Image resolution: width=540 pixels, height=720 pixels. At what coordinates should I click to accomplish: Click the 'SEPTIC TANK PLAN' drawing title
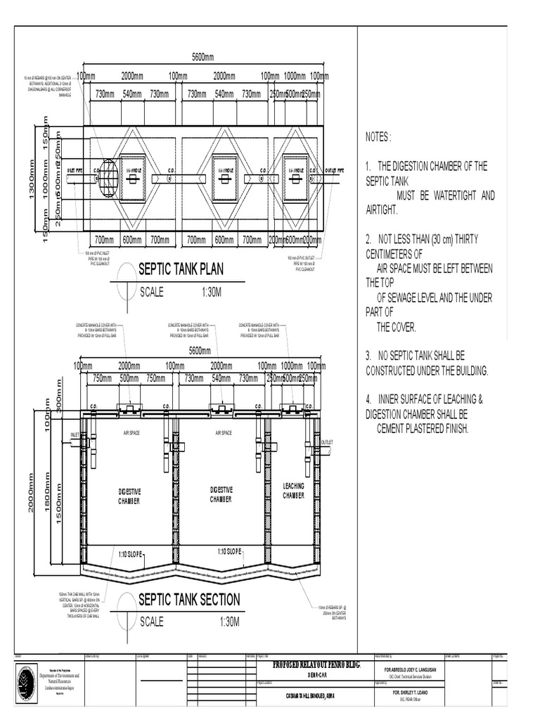click(x=181, y=269)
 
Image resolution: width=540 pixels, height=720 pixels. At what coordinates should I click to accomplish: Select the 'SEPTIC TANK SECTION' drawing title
click(x=188, y=599)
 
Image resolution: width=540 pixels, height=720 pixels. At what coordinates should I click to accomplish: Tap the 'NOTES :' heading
click(x=380, y=136)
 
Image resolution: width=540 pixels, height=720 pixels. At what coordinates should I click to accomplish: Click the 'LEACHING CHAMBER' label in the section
click(x=293, y=491)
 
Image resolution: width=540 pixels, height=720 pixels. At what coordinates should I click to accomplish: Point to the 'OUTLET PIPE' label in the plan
click(x=335, y=170)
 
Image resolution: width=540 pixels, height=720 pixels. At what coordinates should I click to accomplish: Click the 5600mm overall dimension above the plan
click(x=202, y=57)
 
